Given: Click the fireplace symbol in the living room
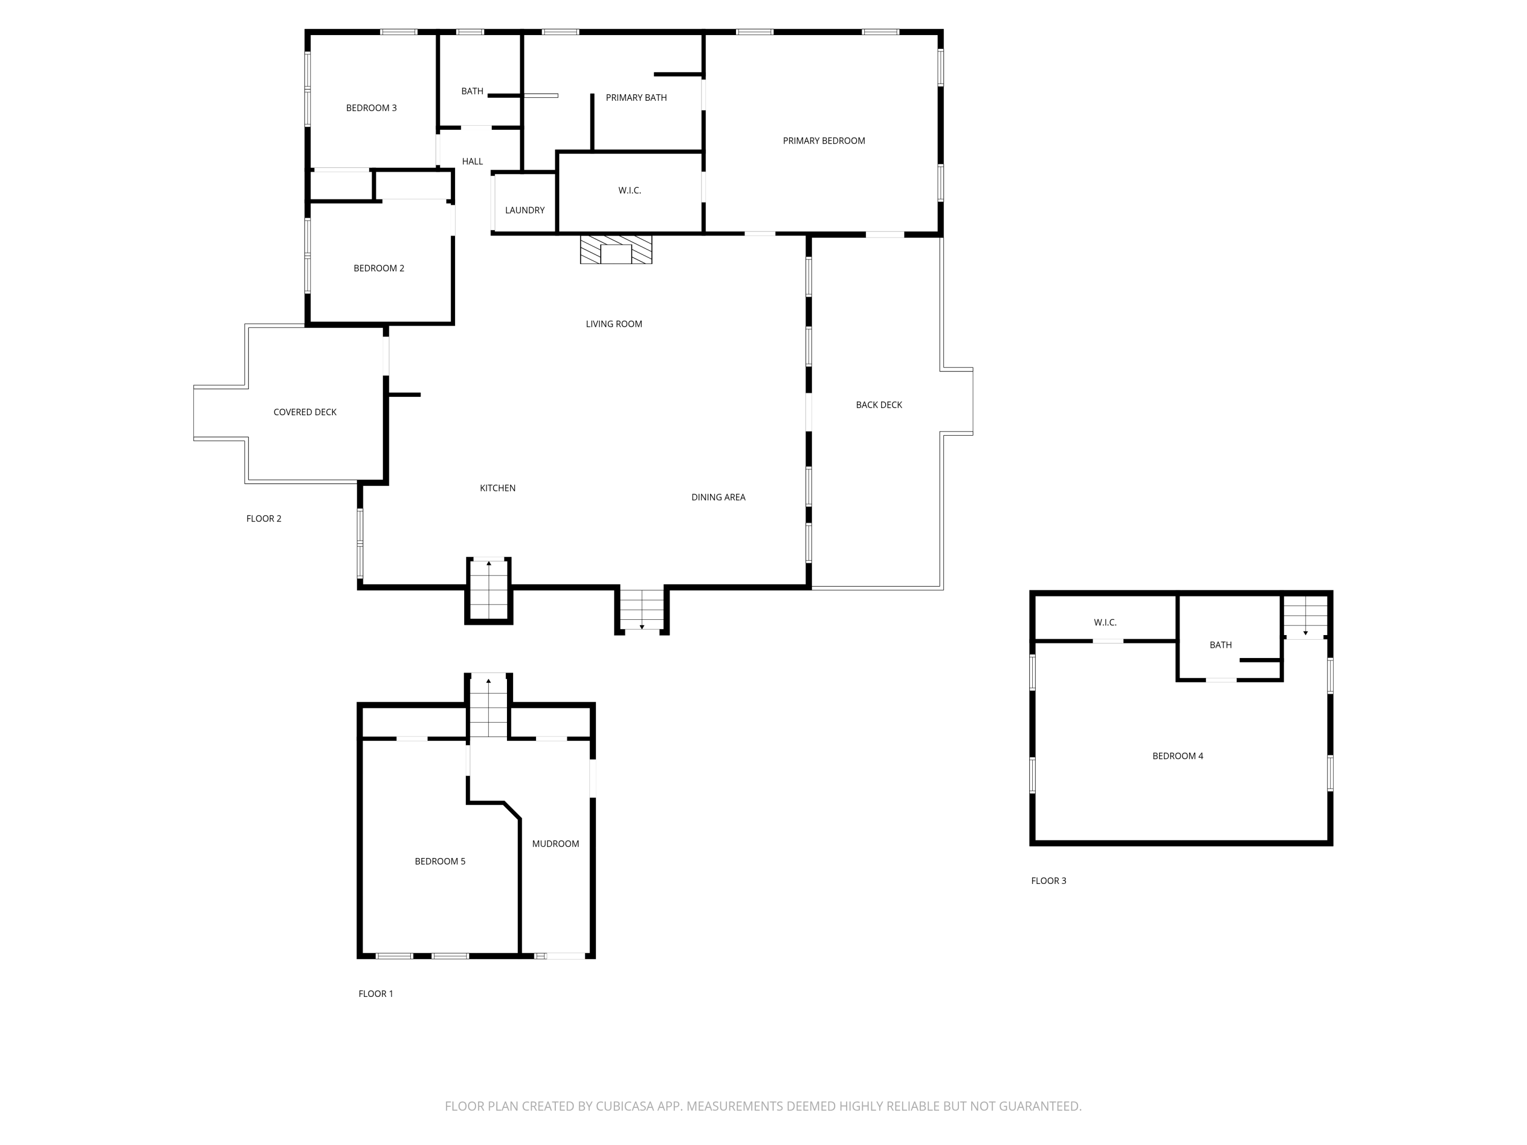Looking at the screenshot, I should pos(616,249).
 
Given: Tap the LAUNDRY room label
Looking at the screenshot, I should pos(525,210).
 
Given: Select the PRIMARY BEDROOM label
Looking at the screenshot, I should pos(824,141).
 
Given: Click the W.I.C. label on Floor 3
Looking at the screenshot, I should pos(1105,622).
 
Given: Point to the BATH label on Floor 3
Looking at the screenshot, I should pos(1221,645).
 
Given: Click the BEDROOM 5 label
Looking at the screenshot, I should pos(440,862).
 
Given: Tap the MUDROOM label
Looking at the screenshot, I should pos(555,843).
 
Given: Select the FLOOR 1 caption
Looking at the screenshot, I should pos(376,994).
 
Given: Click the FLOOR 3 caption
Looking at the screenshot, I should pos(1049,881).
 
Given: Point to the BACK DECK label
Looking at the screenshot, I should pos(879,405).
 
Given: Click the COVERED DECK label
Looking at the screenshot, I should pos(304,412).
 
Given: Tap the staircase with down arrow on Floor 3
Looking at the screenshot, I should pos(1305,616).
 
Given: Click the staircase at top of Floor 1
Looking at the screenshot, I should pos(488,706).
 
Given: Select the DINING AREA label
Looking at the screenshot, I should pos(718,497).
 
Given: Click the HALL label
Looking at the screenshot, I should pos(472,161).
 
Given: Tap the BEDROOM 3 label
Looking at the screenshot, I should pos(371,108).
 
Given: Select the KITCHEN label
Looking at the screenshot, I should pos(497,488).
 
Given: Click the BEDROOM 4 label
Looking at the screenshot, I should pos(1177,756).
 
